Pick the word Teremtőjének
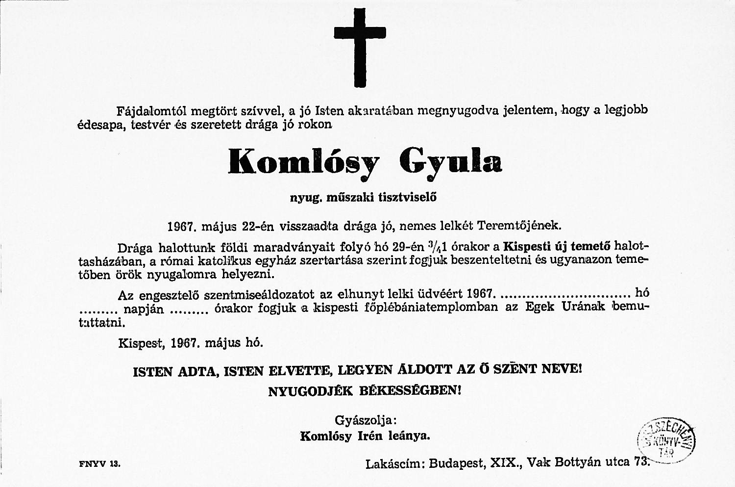tap(518, 226)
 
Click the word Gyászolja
tap(365, 420)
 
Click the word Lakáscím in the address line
tap(395, 463)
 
